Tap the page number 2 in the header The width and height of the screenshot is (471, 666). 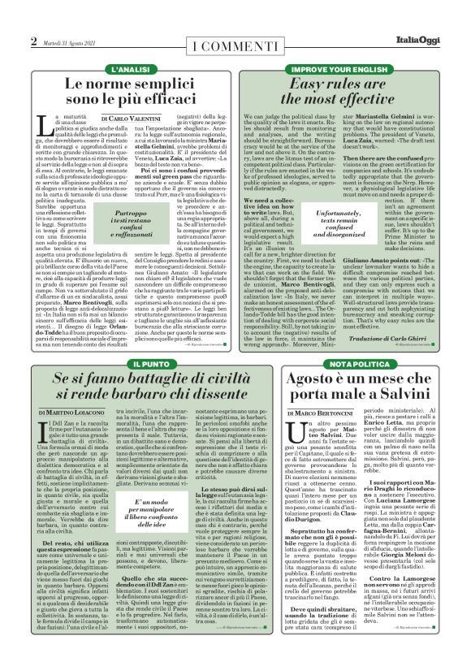(x=33, y=41)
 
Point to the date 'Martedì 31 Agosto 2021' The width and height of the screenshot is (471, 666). (x=71, y=42)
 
